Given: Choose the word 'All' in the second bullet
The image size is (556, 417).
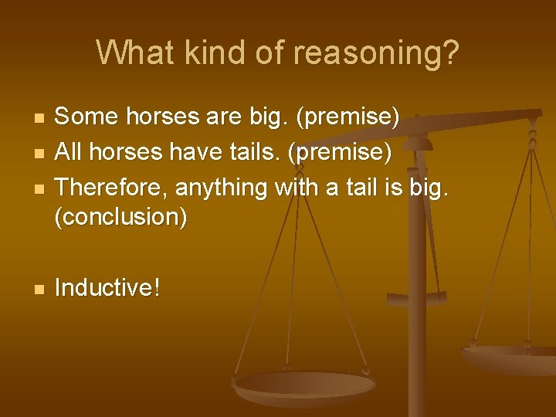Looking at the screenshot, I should point(69,152).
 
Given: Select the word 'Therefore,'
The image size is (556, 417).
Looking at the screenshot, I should point(113,187).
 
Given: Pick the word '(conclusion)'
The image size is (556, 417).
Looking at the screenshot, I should point(121,217).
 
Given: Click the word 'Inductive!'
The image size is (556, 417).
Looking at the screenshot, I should point(107,288).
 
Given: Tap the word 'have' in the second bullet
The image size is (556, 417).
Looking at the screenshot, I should point(190,152).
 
